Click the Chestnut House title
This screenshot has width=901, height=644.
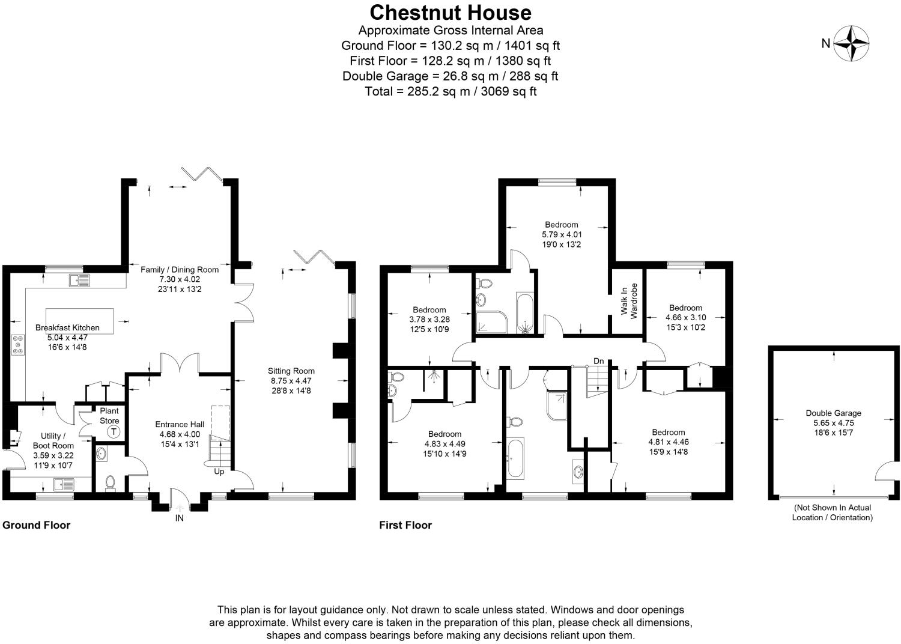click(450, 13)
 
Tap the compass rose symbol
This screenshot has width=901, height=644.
click(852, 43)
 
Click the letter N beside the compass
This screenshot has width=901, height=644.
click(826, 43)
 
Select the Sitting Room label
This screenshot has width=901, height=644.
click(291, 371)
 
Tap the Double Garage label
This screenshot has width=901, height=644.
click(833, 413)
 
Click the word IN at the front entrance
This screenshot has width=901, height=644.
click(179, 518)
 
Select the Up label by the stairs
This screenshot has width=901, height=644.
click(219, 472)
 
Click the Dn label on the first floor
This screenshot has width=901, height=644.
click(598, 360)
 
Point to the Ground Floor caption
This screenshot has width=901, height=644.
click(37, 525)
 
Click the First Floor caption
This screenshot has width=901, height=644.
click(405, 525)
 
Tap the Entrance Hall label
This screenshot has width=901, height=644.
click(180, 424)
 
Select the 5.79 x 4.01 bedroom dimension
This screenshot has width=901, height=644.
click(562, 235)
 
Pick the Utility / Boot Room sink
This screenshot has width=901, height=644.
click(62, 483)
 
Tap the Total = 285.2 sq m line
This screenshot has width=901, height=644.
click(450, 91)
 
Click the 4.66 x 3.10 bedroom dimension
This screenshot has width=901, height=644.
click(685, 317)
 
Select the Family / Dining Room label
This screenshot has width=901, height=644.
click(180, 270)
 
